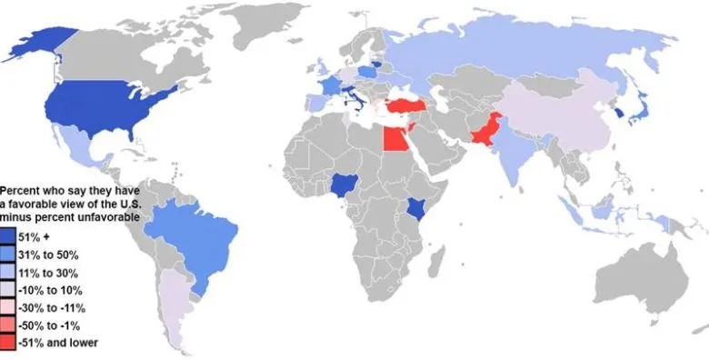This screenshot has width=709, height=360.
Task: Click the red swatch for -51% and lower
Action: (6, 342)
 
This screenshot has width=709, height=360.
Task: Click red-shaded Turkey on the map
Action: (406, 106)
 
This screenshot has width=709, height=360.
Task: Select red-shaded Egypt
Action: (394, 139)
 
